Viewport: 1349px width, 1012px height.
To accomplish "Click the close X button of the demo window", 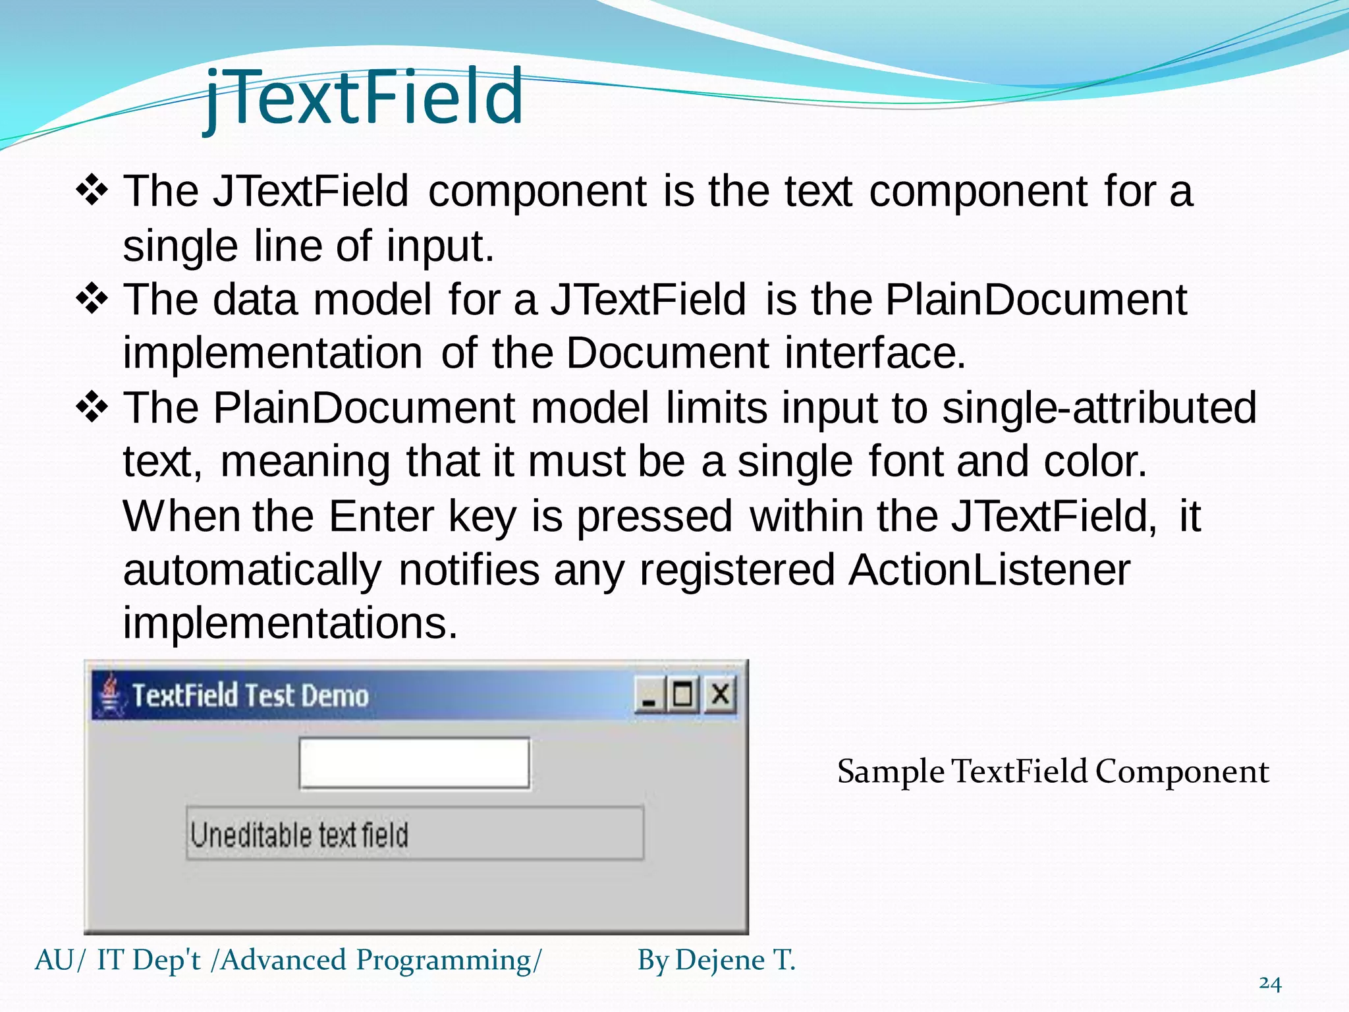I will tap(720, 694).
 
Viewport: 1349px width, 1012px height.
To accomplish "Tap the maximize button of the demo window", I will tap(683, 694).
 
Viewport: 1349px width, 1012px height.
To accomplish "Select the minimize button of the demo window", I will tap(649, 696).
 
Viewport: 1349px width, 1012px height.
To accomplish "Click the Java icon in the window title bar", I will tap(109, 694).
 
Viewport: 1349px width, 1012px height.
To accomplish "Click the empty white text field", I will tap(414, 763).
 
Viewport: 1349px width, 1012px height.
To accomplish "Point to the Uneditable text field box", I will tap(415, 833).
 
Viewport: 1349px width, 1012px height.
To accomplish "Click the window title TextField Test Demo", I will tap(250, 696).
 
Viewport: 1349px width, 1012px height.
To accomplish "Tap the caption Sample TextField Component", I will tap(1052, 772).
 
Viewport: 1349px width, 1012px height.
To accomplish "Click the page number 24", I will tap(1269, 984).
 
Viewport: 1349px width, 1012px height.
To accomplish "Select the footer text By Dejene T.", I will tap(716, 960).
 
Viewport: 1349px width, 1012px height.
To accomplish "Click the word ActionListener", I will tap(989, 569).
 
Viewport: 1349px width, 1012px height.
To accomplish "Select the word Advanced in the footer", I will tap(283, 960).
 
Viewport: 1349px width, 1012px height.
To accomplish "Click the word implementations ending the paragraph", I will tap(290, 623).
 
